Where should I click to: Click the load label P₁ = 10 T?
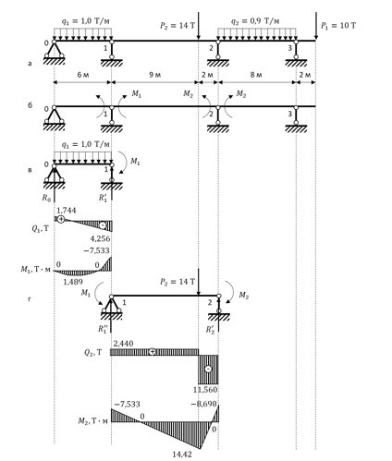[x=338, y=26]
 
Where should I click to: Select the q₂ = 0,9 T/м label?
[x=255, y=21]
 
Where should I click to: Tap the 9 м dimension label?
[x=154, y=75]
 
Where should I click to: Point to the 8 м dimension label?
[x=256, y=75]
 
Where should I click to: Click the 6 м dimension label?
[x=82, y=75]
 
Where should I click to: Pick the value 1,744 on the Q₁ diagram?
[x=67, y=211]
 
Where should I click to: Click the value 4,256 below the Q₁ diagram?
[x=100, y=238]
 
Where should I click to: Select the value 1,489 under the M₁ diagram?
[x=73, y=282]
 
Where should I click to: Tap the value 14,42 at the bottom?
[x=182, y=454]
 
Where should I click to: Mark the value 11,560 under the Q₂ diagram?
[x=205, y=390]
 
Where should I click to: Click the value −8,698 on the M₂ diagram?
[x=204, y=404]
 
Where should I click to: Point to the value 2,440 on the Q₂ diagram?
[x=123, y=344]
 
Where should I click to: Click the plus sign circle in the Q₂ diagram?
[x=152, y=352]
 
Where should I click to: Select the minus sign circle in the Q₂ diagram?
[x=208, y=369]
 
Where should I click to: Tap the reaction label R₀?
[x=46, y=198]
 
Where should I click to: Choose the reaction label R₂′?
[x=210, y=330]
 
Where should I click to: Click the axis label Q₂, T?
[x=92, y=353]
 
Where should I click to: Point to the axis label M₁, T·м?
[x=35, y=270]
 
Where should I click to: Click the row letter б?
[x=30, y=105]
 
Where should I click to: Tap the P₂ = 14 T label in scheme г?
[x=178, y=282]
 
